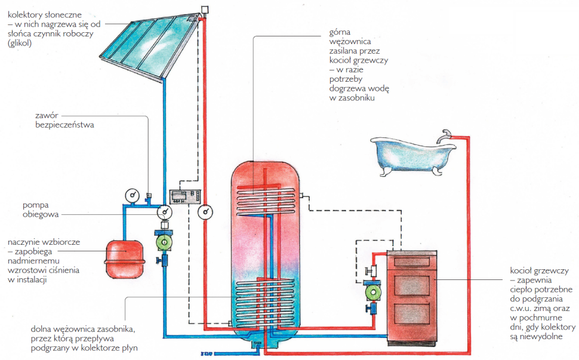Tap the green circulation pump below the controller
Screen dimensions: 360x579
(x=163, y=242)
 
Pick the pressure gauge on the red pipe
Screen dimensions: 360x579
(x=207, y=212)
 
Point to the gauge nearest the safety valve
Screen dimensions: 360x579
(x=131, y=195)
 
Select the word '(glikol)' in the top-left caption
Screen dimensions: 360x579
(x=19, y=44)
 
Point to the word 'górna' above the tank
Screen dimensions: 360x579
(x=339, y=31)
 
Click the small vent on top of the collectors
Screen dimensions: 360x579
(x=205, y=10)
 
